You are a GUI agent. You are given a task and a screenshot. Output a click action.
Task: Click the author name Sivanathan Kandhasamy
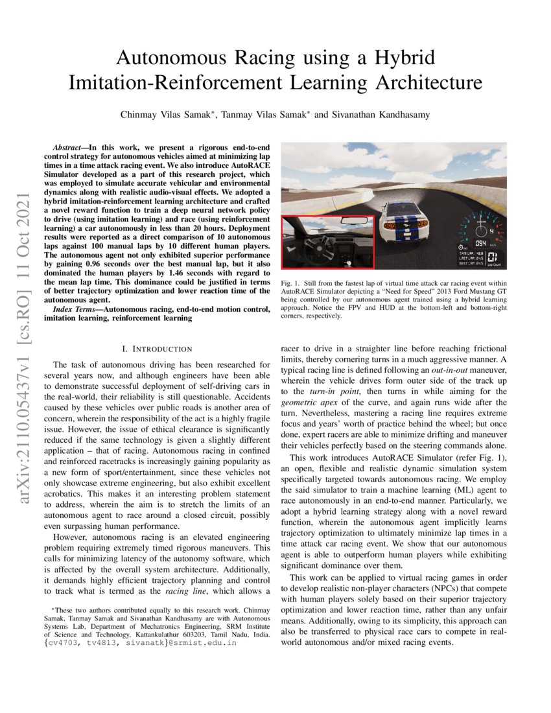click(x=381, y=115)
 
